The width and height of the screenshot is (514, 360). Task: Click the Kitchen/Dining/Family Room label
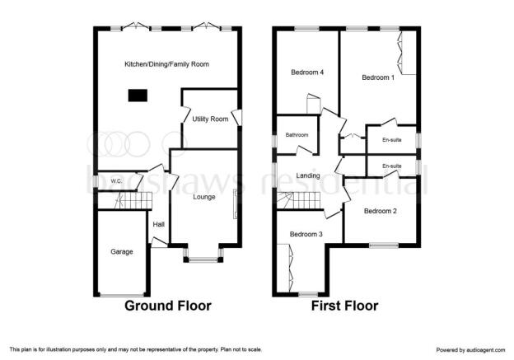166,64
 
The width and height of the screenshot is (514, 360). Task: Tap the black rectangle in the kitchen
138,96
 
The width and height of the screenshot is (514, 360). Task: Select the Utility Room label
210,119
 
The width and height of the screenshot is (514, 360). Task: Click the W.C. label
116,181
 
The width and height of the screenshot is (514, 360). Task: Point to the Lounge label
204,197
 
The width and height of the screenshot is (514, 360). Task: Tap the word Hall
159,225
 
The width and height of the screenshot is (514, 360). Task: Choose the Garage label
122,252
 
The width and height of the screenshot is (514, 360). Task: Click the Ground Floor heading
168,306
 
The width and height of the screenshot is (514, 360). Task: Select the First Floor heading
344,306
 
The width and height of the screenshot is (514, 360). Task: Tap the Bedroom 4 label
307,72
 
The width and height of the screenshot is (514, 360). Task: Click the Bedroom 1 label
378,77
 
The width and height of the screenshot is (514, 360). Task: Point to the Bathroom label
297,135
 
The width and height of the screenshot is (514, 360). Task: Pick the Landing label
308,175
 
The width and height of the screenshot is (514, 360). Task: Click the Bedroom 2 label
381,211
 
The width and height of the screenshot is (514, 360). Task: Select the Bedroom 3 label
306,234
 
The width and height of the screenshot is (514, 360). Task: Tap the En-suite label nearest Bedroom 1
392,140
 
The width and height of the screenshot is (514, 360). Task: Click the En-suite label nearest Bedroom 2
392,166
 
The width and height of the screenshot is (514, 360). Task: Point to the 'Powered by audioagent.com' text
470,350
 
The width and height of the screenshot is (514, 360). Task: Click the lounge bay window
203,259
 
